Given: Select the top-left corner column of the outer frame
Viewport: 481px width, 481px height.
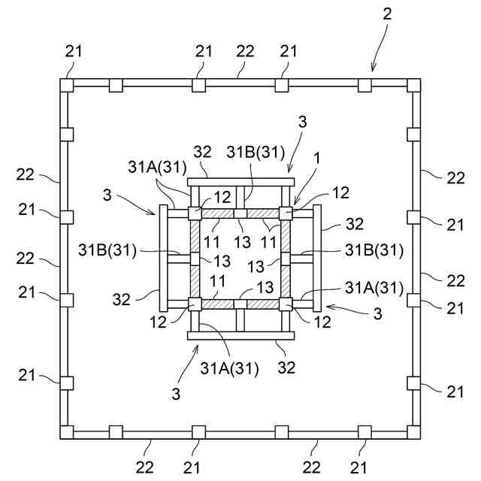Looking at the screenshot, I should point(67,85).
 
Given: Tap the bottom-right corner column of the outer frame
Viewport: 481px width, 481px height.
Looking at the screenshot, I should point(413,431).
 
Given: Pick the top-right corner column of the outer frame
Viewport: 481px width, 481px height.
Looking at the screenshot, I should point(413,85).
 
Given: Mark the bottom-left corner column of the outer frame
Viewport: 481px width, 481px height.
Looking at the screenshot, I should point(67,431).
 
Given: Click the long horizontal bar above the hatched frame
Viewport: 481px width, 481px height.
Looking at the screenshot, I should point(240,182).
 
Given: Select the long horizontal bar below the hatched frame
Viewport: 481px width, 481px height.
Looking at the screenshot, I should point(240,335).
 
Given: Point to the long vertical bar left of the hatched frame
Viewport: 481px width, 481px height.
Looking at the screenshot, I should point(162,259).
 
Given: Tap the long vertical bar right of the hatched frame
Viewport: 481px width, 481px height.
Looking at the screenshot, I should point(317,259).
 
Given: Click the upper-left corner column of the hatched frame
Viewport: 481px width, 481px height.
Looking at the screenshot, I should point(195,214).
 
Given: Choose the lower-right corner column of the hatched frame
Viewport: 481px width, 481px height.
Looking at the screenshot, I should point(286,304).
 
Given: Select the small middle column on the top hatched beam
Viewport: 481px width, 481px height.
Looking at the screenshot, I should point(240,214).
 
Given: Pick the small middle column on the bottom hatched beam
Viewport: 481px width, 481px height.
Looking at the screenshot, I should point(240,304).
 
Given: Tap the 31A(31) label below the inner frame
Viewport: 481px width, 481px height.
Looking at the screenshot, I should point(228,368).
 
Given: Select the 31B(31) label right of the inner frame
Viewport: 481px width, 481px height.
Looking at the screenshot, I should point(374,250).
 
